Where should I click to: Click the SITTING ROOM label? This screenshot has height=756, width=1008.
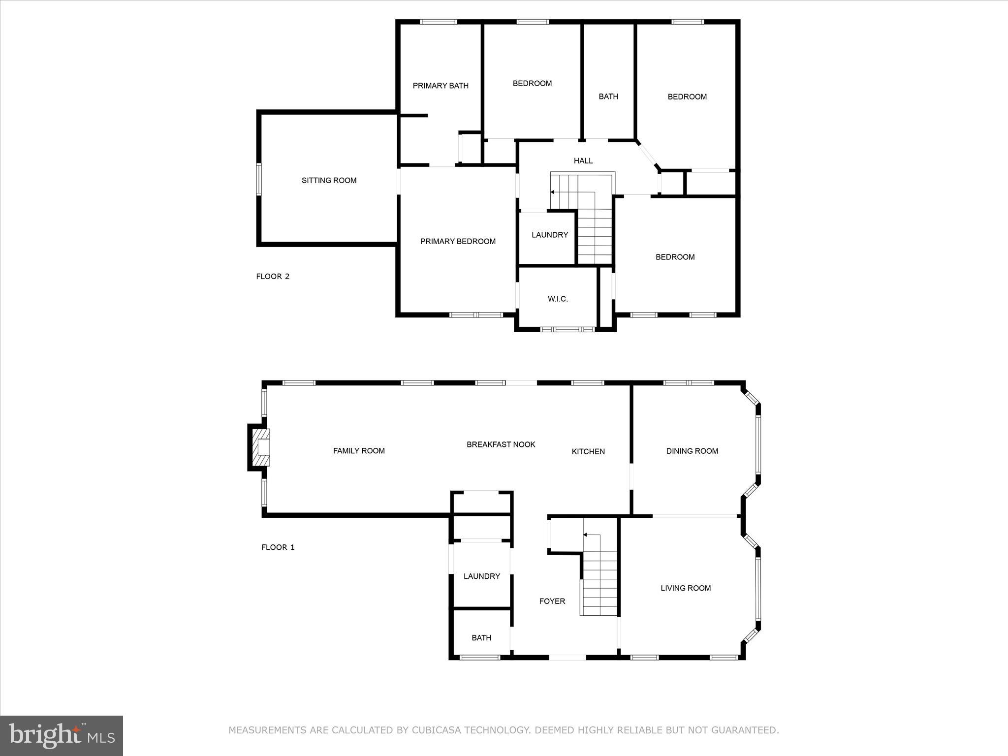click(329, 181)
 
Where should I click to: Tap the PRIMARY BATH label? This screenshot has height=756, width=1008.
click(441, 86)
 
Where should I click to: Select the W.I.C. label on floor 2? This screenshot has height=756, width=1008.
click(558, 299)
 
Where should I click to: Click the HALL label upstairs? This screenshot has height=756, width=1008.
click(583, 161)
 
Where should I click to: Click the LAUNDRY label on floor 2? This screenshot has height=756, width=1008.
click(550, 235)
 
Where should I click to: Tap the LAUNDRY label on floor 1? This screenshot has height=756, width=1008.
click(481, 576)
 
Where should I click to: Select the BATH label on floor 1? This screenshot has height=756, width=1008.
click(481, 638)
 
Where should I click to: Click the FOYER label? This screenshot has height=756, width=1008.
click(552, 601)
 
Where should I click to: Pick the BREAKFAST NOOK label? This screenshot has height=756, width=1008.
click(501, 444)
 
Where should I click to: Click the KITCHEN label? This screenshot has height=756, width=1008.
click(588, 451)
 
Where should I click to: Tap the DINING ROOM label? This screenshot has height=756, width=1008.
click(692, 451)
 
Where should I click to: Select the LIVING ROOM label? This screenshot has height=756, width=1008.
click(686, 588)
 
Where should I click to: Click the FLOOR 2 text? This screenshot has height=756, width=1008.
click(273, 277)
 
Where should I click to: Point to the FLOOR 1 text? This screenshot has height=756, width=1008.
click(278, 547)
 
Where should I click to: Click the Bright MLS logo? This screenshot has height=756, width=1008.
click(62, 735)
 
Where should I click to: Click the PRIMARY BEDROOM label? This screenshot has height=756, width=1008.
click(458, 241)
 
